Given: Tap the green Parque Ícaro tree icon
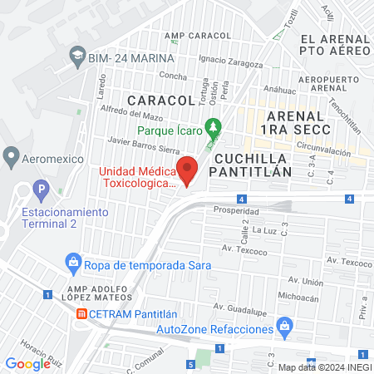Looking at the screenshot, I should coord(214,127).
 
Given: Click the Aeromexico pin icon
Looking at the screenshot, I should coord(11,155).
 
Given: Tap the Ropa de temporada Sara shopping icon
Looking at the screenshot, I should coord(74,264).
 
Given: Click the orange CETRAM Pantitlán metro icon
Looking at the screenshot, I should coord(81,314).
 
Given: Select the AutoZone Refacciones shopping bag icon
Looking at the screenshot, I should coord(284,322).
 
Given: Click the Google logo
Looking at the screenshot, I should coord(27,363).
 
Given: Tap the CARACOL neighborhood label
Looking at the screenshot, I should coord(160,101).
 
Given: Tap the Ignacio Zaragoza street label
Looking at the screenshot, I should coord(230,59).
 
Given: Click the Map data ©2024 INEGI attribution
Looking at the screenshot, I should coord(324,367).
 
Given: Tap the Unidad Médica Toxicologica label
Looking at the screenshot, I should coord(139,178).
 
